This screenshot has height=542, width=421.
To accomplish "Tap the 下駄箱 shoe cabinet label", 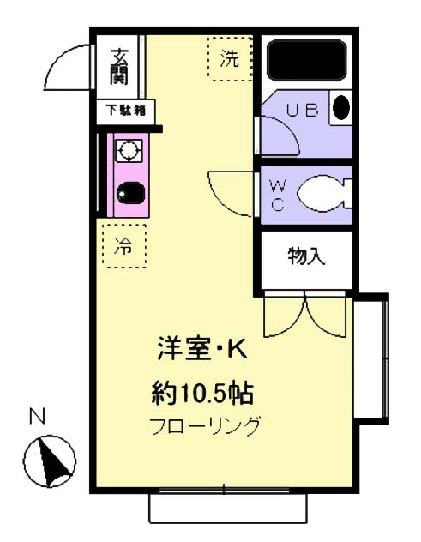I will (125, 110).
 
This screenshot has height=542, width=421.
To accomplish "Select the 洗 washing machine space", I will (230, 59).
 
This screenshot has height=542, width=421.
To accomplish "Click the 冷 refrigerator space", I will (123, 246).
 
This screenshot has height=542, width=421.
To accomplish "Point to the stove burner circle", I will (129, 152).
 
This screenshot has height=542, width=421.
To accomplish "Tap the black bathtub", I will (307, 60).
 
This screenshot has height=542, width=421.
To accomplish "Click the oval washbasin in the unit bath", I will (340, 109).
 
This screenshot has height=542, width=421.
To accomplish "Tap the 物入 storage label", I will (306, 256).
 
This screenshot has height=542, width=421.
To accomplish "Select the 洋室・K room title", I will (201, 350).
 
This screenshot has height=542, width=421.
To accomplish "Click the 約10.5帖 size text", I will (201, 394).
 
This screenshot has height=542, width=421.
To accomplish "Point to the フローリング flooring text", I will (204, 426).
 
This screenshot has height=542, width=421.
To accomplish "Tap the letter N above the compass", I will (37, 418).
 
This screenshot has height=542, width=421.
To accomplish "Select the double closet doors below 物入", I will (306, 316).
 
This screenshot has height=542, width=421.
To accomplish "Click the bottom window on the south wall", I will (227, 507).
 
